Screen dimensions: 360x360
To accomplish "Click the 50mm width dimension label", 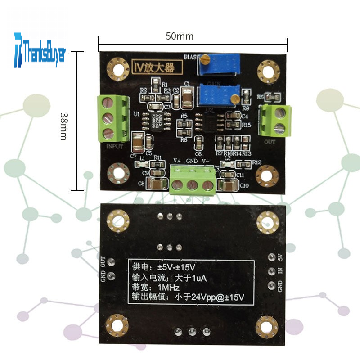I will click(x=179, y=36).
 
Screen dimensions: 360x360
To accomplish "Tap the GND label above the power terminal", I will click(x=192, y=160).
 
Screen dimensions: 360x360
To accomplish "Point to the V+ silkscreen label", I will click(x=177, y=160).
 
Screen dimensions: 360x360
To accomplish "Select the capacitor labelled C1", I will click(x=188, y=97).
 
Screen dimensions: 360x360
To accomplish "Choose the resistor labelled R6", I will click(x=273, y=96).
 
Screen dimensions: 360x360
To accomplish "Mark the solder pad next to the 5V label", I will click(x=271, y=257).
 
